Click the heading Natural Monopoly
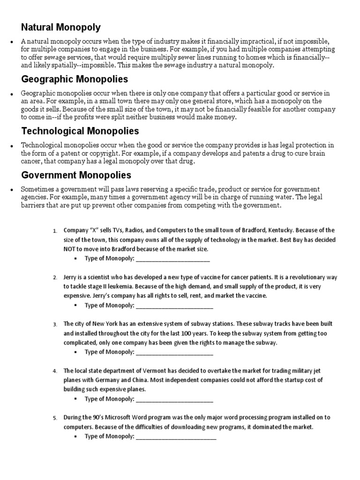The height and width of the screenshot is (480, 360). (x=61, y=28)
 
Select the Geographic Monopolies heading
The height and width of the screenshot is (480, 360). (x=75, y=79)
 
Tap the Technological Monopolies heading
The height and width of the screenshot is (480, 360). (x=80, y=131)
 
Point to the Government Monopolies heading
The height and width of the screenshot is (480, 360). (x=76, y=175)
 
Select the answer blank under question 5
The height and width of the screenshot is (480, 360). (x=175, y=436)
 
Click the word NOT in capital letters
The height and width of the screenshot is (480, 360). (x=70, y=249)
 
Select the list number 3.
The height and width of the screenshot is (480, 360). (x=55, y=324)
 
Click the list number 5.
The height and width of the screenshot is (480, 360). (x=55, y=418)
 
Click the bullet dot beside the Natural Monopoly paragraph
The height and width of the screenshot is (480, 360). (x=10, y=42)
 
